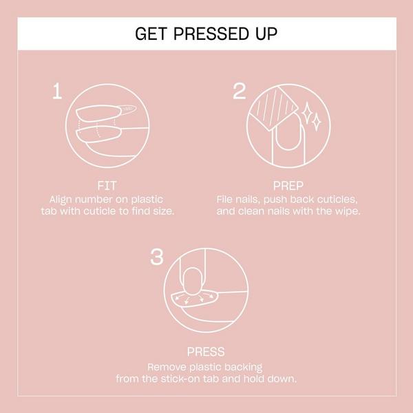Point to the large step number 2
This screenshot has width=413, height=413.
click(239, 90)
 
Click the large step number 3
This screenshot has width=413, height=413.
click(158, 257)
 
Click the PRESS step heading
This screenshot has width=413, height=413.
click(206, 352)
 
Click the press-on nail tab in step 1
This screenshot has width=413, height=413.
click(103, 111)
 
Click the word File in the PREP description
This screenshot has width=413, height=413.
click(228, 198)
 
